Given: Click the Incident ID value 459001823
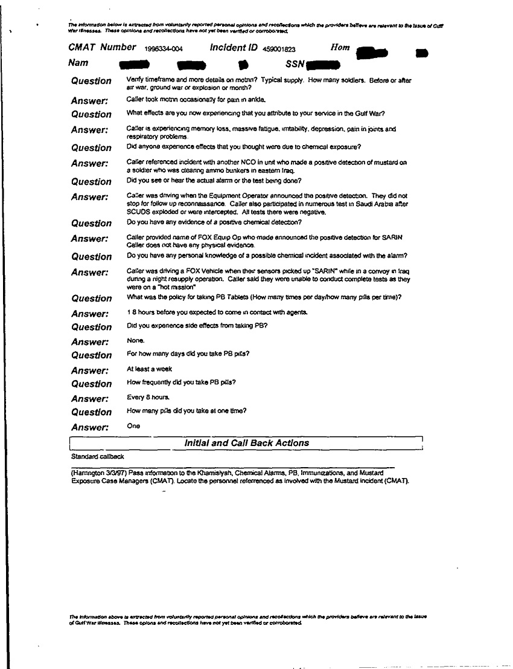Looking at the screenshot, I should click(279, 48).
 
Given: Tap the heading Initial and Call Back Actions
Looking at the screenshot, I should click(246, 443).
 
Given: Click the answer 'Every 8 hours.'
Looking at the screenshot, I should click(144, 397).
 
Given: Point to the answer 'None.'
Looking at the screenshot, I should click(136, 341).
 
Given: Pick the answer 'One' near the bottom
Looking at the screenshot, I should click(133, 425).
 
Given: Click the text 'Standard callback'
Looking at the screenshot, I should click(97, 456).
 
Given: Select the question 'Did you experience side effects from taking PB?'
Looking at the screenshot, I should click(197, 326).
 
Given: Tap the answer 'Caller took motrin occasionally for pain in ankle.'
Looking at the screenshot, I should click(196, 99).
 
